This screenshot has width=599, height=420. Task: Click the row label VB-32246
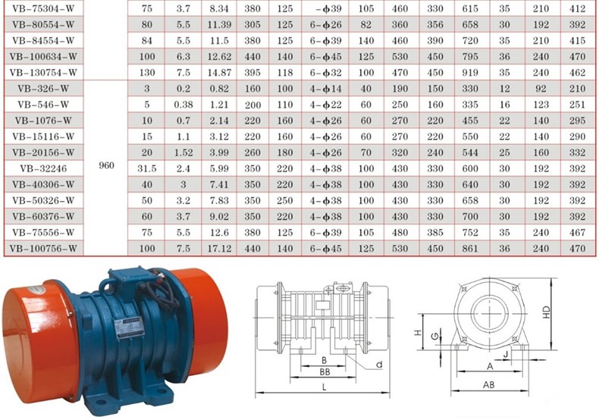click(x=43, y=169)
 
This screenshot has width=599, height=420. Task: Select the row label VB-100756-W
click(x=43, y=249)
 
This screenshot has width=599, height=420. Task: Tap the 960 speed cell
click(x=106, y=165)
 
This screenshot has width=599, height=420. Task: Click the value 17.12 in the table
click(x=219, y=249)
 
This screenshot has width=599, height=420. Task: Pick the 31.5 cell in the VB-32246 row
click(x=146, y=169)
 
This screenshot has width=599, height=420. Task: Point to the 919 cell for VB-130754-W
click(x=470, y=73)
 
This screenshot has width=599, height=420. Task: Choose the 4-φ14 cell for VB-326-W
click(x=325, y=89)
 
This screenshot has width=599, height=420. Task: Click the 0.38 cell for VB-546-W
click(x=183, y=105)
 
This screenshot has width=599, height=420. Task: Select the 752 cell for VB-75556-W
click(x=470, y=233)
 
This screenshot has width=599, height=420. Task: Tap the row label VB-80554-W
click(x=43, y=25)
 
